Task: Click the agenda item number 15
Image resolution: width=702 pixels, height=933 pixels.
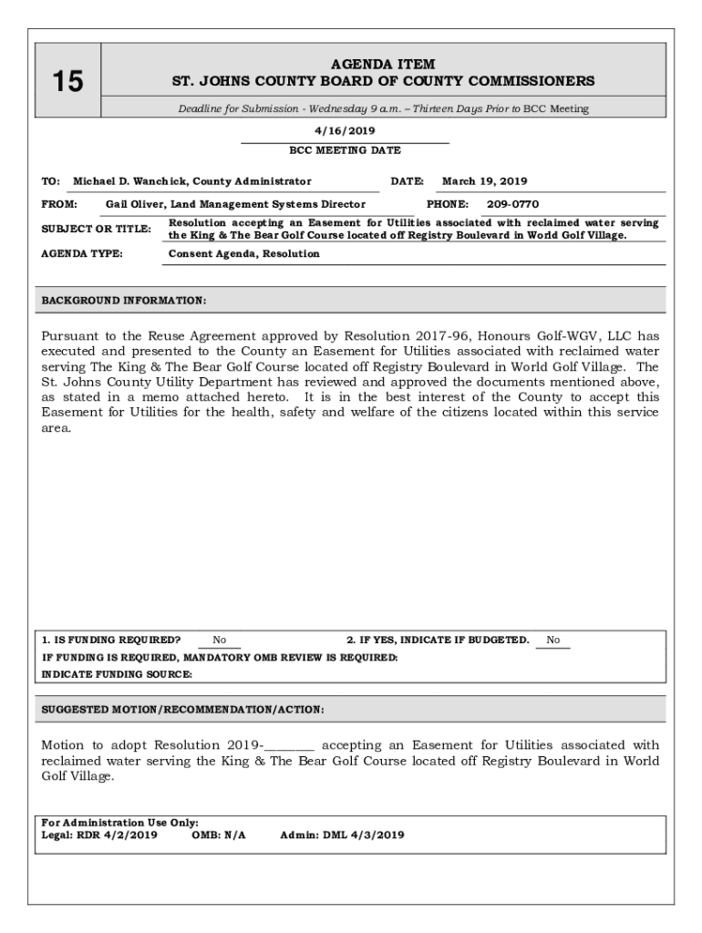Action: point(67,82)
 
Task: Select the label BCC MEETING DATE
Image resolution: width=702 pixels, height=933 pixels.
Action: point(345,150)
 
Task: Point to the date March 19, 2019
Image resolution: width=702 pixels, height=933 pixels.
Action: point(484,181)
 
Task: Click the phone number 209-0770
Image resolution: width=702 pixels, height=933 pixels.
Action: point(512,204)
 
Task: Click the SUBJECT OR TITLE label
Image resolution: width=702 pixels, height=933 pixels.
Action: point(96,229)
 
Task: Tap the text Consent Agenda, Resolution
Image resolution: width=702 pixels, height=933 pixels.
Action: point(244,253)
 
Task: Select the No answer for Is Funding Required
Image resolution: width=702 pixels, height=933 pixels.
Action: point(219,640)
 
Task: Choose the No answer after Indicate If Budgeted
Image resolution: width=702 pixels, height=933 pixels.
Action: point(552,640)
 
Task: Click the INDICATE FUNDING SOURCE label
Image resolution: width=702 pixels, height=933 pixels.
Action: point(118,674)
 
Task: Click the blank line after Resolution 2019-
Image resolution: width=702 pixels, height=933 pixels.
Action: point(289,745)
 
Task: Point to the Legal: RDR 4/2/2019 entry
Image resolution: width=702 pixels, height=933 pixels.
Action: point(100,834)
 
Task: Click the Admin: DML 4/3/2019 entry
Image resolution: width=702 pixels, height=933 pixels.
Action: point(342,834)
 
